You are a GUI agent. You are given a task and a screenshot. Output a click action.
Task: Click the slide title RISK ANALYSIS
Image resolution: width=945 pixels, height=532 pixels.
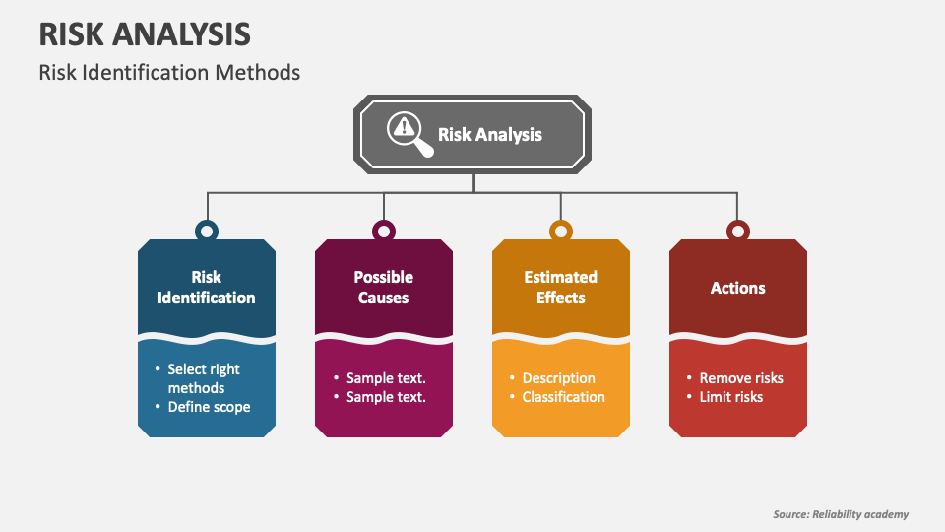coord(145,33)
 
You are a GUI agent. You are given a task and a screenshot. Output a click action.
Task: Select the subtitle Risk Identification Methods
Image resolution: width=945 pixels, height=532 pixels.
coord(169,73)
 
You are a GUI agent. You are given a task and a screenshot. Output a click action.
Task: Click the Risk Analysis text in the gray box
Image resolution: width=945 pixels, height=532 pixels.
coord(489,134)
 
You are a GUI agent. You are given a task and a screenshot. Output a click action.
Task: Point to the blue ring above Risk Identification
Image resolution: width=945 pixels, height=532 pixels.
coord(207,232)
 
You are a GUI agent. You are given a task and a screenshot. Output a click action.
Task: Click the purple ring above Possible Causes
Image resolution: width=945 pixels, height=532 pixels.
coord(384,232)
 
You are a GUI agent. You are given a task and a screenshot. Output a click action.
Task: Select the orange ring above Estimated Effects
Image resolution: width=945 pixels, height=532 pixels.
coord(561,232)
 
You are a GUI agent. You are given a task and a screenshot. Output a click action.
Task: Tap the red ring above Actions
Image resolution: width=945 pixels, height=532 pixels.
coord(738,232)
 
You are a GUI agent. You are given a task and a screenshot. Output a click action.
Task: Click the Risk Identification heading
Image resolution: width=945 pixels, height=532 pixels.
coord(207,288)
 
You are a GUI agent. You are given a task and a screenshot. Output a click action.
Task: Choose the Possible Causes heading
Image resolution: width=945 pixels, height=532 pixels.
coord(384,288)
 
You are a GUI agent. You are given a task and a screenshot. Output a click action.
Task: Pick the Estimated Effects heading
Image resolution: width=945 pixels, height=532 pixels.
coord(561,288)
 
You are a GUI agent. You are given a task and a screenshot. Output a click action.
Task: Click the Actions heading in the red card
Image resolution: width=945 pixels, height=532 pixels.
coord(738,288)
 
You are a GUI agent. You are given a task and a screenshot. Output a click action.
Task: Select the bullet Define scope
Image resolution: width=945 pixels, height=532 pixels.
coord(209,407)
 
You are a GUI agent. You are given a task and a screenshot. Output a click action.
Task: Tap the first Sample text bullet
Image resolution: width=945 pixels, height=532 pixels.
coord(385,378)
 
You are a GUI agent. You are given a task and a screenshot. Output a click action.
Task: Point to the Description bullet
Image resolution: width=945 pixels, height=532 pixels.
coord(558,378)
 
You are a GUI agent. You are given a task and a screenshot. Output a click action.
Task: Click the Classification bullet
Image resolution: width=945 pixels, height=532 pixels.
coord(563,397)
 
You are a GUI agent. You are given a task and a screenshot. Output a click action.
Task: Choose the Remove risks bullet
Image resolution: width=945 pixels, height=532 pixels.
coord(741,378)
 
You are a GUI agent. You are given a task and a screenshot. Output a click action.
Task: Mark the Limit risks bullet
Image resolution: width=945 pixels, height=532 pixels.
coord(730,397)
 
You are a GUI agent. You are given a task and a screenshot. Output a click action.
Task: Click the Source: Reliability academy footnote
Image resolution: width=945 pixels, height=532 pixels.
coord(841,514)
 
